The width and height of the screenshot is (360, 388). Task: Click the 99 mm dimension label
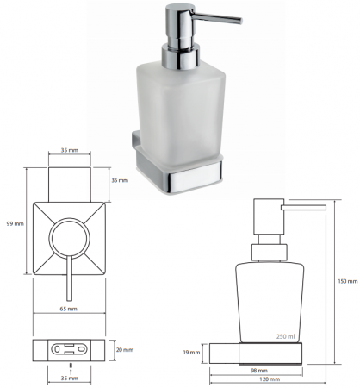click(x=16, y=223)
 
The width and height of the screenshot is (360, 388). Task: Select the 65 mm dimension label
click(x=68, y=309)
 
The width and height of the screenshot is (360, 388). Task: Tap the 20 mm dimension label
click(x=125, y=350)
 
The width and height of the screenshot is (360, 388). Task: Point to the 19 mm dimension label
click(x=191, y=353)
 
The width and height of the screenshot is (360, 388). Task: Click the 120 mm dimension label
click(x=270, y=379)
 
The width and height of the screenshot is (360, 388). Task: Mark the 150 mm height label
click(x=348, y=281)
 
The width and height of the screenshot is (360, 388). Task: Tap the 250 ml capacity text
click(x=285, y=336)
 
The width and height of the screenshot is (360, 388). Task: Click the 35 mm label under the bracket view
click(x=69, y=379)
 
